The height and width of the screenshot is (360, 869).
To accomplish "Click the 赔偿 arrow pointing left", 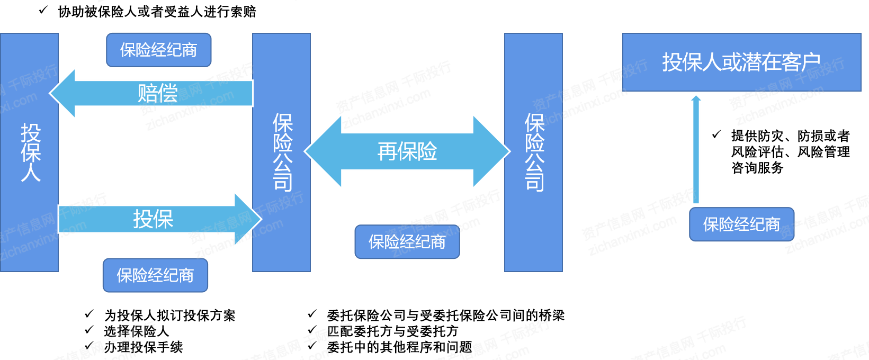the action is point(151,93).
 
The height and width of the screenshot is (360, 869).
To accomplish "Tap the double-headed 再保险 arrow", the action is point(407,151).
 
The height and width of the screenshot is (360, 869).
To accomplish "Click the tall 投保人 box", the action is point(30,152).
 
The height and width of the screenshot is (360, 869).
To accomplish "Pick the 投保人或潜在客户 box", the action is point(741,62).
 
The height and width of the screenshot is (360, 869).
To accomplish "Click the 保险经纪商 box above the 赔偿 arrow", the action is point(159,50).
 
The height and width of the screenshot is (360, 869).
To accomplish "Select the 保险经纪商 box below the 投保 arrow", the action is point(155,275).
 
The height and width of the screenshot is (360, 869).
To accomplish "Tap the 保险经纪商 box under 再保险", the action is point(407,242).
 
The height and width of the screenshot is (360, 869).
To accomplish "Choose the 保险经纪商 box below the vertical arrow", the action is point(741,224).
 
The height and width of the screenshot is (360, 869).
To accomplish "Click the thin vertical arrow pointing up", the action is point(696,149).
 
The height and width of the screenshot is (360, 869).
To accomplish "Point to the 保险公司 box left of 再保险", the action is point(281,152).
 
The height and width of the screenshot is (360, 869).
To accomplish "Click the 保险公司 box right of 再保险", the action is point(533,152).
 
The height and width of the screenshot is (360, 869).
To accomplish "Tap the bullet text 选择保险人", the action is point(137,331).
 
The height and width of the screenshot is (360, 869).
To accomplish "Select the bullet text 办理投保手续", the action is point(143,347).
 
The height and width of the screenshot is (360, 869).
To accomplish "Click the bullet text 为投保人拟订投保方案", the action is point(169,316).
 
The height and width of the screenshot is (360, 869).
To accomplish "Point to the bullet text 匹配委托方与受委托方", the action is point(392,331).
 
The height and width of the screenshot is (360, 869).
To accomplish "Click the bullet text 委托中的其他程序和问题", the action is point(399,347).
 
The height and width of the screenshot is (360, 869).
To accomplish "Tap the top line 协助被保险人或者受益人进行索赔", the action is point(157,12).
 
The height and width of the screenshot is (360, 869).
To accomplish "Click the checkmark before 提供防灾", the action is point(716,134).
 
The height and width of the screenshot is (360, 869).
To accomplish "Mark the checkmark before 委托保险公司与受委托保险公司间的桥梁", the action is point(312,314).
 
